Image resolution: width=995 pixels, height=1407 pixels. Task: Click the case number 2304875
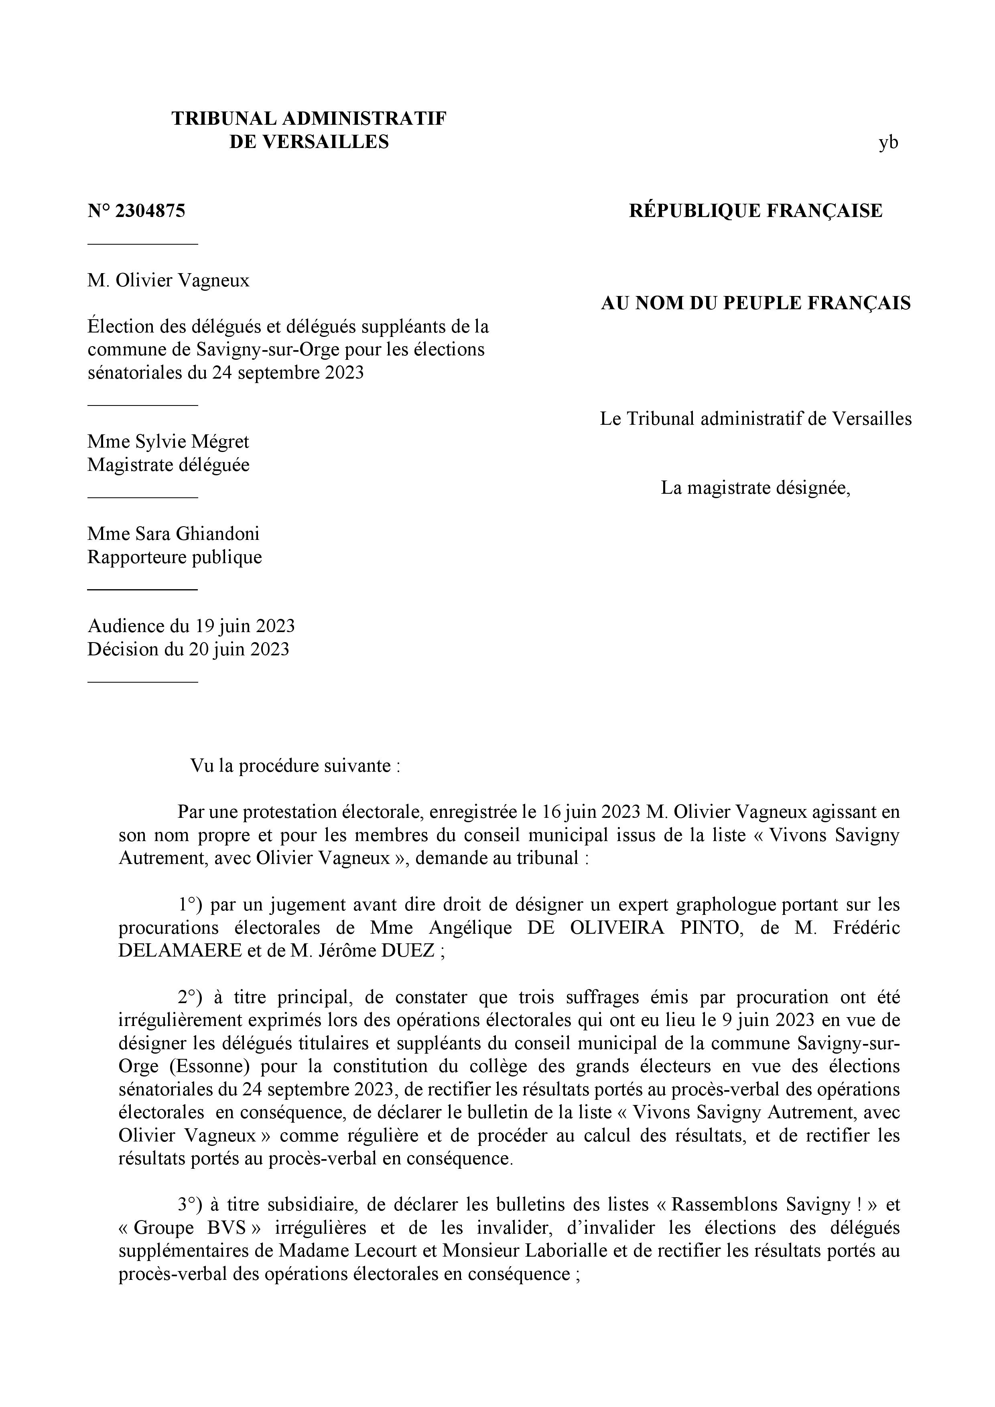[150, 211]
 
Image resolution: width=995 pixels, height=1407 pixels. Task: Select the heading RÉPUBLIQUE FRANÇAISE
[755, 211]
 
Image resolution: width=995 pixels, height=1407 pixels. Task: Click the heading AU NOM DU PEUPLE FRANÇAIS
[755, 303]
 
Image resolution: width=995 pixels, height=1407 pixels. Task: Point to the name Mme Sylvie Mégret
[168, 442]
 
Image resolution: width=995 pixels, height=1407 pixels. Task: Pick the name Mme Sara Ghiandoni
[173, 534]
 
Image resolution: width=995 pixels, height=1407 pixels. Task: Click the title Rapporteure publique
[175, 557]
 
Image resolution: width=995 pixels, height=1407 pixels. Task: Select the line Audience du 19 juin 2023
[191, 626]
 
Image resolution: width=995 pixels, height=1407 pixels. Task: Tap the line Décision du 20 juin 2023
[188, 649]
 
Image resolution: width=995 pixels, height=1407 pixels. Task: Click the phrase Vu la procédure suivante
[295, 766]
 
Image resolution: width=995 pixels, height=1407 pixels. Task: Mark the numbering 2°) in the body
[190, 997]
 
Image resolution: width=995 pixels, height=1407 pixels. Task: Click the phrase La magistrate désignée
[755, 489]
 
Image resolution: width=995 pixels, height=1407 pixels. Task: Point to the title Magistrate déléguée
[169, 465]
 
